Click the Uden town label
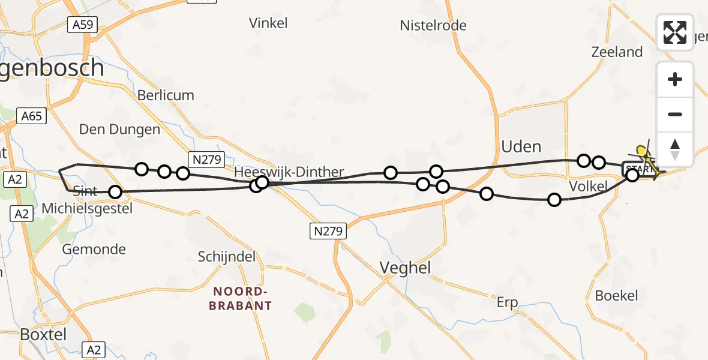(x=521, y=146)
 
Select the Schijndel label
(x=227, y=257)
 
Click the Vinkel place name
(x=268, y=23)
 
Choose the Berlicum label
(x=166, y=95)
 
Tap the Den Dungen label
(x=120, y=130)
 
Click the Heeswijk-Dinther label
(x=289, y=172)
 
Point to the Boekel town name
(x=616, y=295)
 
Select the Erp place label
(x=508, y=302)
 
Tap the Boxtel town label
(x=43, y=334)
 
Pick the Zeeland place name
(x=617, y=52)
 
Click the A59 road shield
(x=82, y=25)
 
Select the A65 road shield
(x=31, y=115)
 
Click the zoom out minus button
(x=675, y=114)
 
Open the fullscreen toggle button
(x=675, y=32)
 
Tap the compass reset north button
(x=675, y=148)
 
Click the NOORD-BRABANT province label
(x=240, y=298)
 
